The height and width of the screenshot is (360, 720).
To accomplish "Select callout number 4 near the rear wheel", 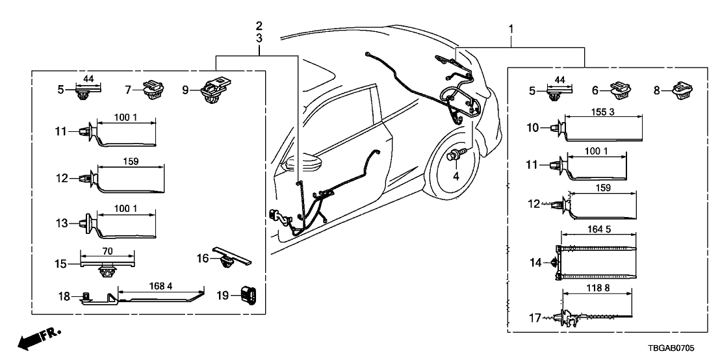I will [456, 175].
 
